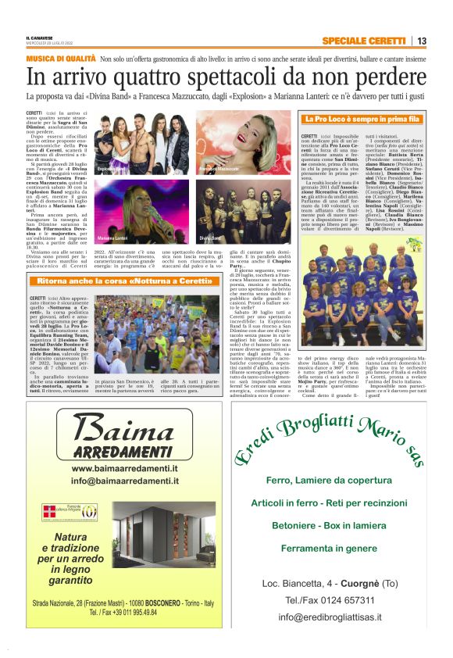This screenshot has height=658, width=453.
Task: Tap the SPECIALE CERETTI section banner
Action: pyautogui.click(x=364, y=41)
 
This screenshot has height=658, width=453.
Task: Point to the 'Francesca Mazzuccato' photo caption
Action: pyautogui.click(x=219, y=168)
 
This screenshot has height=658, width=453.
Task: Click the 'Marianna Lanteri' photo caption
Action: pyautogui.click(x=115, y=237)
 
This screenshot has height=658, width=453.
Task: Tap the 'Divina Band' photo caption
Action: pyautogui.click(x=211, y=237)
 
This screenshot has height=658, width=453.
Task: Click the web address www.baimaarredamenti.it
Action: pyautogui.click(x=125, y=468)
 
